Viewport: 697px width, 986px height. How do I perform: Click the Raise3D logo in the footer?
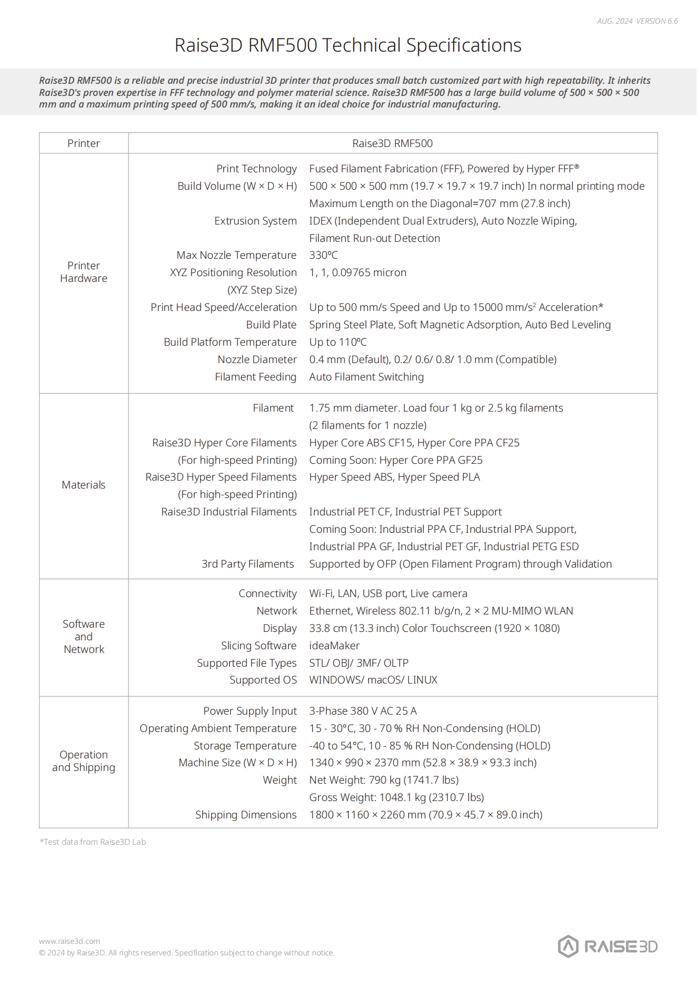[607, 946]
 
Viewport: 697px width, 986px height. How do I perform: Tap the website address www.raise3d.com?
[69, 941]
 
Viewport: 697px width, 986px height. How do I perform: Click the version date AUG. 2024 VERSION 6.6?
[637, 21]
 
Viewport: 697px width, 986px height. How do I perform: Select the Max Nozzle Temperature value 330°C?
[323, 255]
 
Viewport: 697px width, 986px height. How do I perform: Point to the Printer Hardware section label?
[84, 272]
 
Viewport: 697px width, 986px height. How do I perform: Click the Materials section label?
[84, 485]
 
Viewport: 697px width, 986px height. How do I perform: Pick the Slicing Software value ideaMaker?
[334, 646]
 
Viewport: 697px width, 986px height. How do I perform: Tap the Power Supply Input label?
[250, 711]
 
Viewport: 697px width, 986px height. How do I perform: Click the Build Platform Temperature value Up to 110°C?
[338, 342]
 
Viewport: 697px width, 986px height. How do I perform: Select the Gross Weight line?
[396, 797]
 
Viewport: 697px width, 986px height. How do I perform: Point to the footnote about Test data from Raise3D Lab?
[93, 842]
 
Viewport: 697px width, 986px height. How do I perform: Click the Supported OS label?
[263, 680]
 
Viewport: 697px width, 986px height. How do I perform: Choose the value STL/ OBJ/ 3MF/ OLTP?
[358, 663]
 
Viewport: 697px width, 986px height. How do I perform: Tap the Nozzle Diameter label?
[257, 359]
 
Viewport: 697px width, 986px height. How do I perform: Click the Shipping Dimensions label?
[246, 815]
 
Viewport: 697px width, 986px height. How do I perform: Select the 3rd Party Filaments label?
[248, 564]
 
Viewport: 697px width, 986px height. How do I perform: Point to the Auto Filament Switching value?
[366, 377]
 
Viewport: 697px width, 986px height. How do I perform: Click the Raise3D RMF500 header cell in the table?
[392, 143]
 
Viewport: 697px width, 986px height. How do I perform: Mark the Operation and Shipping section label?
[84, 761]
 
